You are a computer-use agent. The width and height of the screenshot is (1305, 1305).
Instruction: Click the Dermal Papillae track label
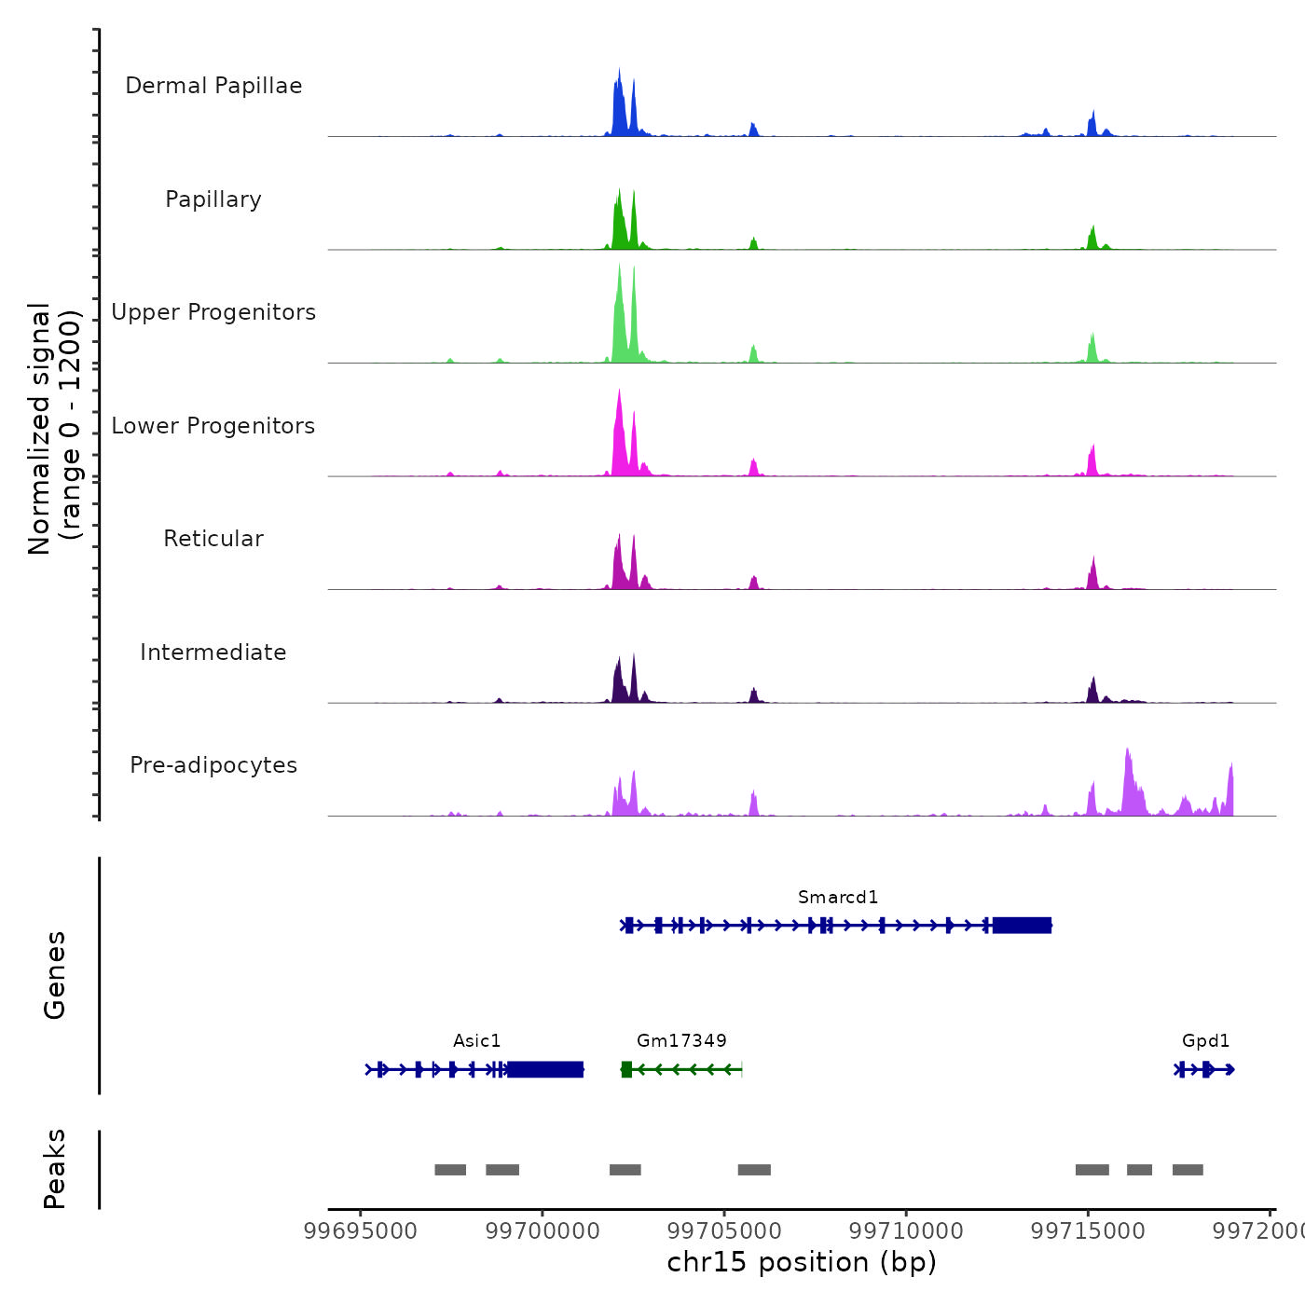pyautogui.click(x=213, y=86)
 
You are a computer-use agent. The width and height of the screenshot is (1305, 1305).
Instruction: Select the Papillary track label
pyautogui.click(x=213, y=199)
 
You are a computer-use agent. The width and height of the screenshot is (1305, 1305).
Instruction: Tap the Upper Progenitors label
pyautogui.click(x=213, y=312)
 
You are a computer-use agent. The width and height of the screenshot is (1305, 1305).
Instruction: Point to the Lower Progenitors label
pyautogui.click(x=213, y=426)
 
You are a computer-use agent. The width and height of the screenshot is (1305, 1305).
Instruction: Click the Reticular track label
pyautogui.click(x=213, y=539)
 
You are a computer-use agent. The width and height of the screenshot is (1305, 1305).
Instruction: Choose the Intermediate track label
pyautogui.click(x=213, y=652)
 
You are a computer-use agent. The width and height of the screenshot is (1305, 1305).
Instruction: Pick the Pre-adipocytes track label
pyautogui.click(x=213, y=765)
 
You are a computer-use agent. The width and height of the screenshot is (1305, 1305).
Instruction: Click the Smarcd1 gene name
pyautogui.click(x=838, y=897)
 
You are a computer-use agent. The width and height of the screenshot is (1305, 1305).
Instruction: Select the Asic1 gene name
pyautogui.click(x=477, y=1040)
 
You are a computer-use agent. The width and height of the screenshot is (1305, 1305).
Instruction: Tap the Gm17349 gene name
pyautogui.click(x=681, y=1040)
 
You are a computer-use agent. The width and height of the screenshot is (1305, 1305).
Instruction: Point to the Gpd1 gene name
pyautogui.click(x=1205, y=1040)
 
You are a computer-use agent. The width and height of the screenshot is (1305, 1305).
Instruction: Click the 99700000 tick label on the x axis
pyautogui.click(x=543, y=1230)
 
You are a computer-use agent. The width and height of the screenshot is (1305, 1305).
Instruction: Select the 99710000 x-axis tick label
pyautogui.click(x=907, y=1230)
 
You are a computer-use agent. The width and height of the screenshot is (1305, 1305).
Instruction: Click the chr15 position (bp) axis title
pyautogui.click(x=802, y=1262)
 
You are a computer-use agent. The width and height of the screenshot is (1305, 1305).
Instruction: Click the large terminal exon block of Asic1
pyautogui.click(x=545, y=1069)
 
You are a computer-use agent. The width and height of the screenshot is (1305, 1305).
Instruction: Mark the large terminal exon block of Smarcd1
pyautogui.click(x=1022, y=925)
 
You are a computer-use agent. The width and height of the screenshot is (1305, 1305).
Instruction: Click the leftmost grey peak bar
pyautogui.click(x=450, y=1170)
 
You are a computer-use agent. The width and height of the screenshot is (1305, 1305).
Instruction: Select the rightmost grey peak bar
pyautogui.click(x=1188, y=1170)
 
